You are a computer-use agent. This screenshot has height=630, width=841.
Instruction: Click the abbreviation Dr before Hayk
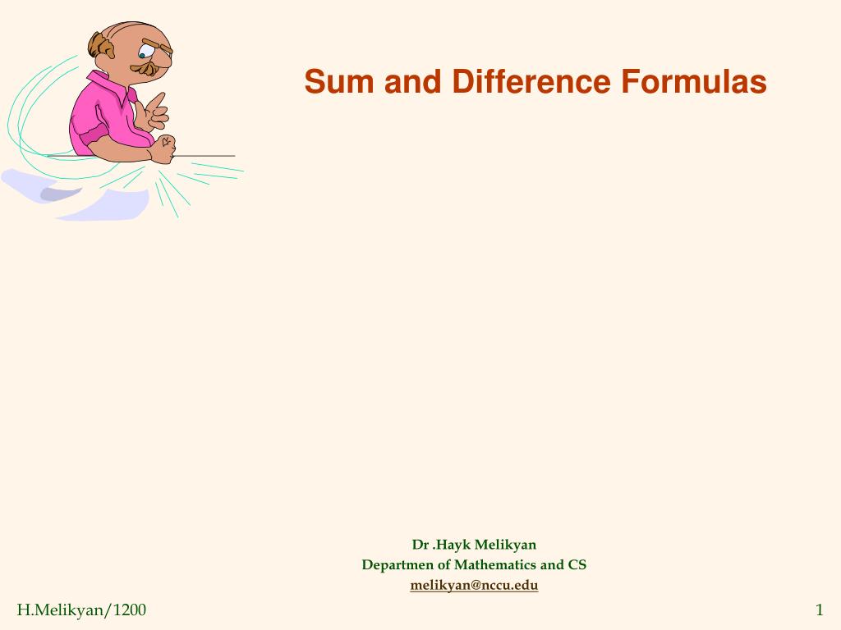pos(420,545)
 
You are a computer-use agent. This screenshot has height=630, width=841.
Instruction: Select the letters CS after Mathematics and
pos(577,565)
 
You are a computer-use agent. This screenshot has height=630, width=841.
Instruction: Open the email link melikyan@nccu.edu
pos(474,586)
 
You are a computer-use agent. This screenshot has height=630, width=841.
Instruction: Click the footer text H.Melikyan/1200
pos(81,609)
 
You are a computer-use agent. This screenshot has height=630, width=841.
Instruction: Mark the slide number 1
pos(819,609)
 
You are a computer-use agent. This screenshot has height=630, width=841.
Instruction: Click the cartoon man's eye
pos(144,56)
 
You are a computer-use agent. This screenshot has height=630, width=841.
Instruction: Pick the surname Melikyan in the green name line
pos(505,545)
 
